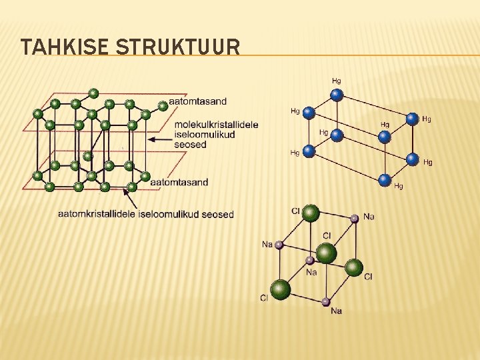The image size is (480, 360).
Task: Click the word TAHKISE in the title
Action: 65,47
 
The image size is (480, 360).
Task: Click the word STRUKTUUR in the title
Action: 178,47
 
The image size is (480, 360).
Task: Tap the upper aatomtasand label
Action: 198,101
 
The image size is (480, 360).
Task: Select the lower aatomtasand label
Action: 179,182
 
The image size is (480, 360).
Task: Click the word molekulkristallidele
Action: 216,125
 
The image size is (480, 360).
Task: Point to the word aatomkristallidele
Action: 97,214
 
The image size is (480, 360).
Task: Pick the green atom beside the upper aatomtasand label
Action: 163,105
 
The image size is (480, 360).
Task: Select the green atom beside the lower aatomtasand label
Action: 145,177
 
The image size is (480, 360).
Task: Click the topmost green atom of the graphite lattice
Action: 93,93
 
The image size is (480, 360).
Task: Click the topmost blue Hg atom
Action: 337,95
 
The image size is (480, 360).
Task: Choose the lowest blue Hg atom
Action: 384,179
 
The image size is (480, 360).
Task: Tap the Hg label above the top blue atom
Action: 337,81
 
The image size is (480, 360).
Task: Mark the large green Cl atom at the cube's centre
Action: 326,253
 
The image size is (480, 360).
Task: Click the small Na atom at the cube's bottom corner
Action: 325,302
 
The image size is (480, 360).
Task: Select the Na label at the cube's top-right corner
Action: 369,217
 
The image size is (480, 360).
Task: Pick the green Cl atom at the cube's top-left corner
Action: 310,213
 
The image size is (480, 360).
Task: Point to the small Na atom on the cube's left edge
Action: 279,245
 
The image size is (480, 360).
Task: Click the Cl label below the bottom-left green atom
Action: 264,298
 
